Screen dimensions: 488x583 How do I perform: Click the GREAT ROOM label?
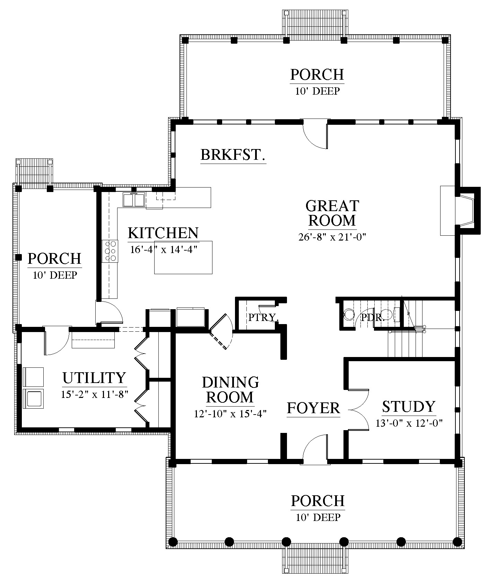pyautogui.click(x=332, y=213)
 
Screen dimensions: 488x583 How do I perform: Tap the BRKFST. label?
pyautogui.click(x=233, y=155)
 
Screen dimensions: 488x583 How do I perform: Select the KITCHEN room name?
pyautogui.click(x=163, y=233)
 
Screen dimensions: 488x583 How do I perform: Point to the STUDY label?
pyautogui.click(x=409, y=406)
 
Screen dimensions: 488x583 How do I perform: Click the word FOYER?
pyautogui.click(x=313, y=408)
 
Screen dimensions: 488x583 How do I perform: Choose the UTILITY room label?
pyautogui.click(x=94, y=378)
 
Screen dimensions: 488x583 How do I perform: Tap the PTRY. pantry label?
pyautogui.click(x=263, y=317)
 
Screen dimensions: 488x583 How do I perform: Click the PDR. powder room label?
pyautogui.click(x=373, y=317)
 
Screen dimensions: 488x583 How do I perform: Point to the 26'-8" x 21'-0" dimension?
pyautogui.click(x=332, y=237)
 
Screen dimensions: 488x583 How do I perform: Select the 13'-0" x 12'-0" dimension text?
pyautogui.click(x=409, y=423)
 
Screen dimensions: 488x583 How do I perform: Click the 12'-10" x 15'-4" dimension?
pyautogui.click(x=230, y=414)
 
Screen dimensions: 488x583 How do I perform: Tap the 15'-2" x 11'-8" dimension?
pyautogui.click(x=95, y=394)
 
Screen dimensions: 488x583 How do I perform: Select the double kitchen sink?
pyautogui.click(x=134, y=200)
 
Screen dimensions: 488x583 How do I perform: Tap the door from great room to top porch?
pyautogui.click(x=315, y=134)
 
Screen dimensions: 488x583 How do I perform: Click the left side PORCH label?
pyautogui.click(x=54, y=259)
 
